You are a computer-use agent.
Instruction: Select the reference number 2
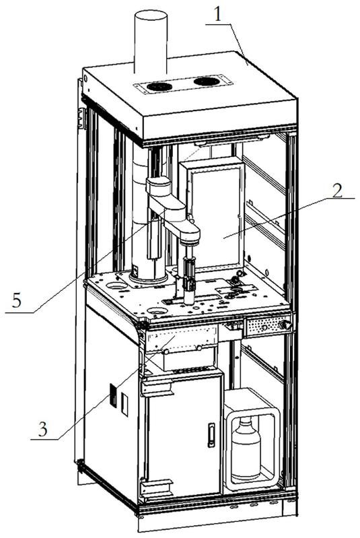point(338,189)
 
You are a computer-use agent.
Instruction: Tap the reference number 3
point(42,429)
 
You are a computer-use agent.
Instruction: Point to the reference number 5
point(17,301)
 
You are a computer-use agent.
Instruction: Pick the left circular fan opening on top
point(159,86)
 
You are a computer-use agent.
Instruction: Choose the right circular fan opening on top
point(206,81)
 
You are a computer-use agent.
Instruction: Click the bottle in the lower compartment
point(246,450)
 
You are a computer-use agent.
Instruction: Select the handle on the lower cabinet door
point(211,435)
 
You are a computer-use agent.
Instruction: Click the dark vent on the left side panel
point(113,396)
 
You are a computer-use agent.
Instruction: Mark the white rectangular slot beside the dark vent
point(124,405)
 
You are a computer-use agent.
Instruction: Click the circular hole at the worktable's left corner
point(116,285)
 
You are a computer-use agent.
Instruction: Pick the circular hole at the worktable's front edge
point(157,311)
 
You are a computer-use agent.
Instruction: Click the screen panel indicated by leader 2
point(216,217)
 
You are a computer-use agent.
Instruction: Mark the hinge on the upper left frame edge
point(82,118)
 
